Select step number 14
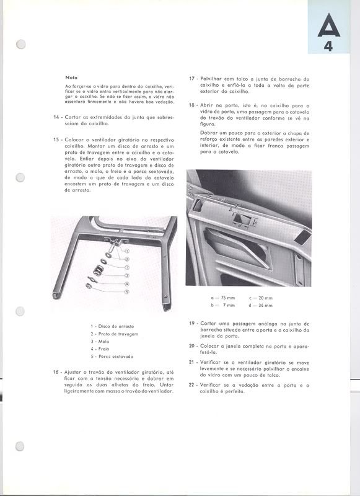[56, 117]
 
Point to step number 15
[56, 140]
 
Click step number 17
[192, 79]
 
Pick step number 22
[192, 385]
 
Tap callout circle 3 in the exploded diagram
[126, 275]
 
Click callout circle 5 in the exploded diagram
[126, 291]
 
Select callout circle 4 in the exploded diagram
[126, 283]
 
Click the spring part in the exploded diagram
[97, 270]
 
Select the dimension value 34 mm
[264, 305]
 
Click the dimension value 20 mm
[264, 298]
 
